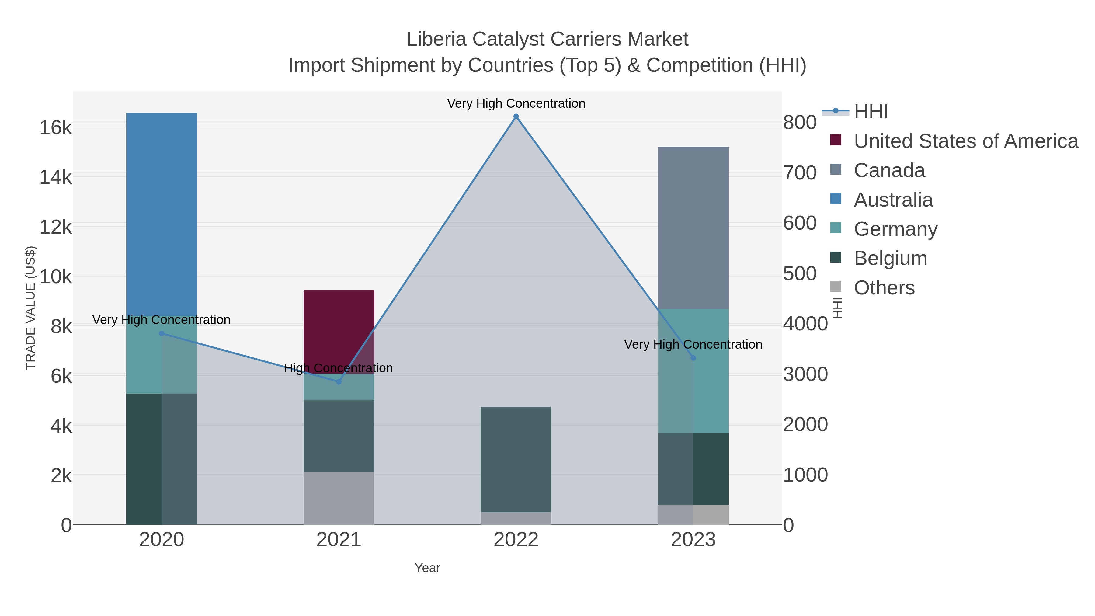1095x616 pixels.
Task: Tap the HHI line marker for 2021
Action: click(339, 382)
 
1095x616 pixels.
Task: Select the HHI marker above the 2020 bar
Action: click(162, 334)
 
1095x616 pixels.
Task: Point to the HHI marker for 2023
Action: click(693, 358)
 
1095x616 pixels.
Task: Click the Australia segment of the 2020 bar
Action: click(162, 213)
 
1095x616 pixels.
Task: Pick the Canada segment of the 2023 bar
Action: click(693, 228)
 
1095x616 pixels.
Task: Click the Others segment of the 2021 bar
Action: click(339, 498)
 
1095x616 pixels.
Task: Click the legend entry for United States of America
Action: click(966, 141)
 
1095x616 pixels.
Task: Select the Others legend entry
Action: click(884, 288)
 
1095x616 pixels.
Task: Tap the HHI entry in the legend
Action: click(871, 112)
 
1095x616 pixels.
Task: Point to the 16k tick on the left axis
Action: click(56, 127)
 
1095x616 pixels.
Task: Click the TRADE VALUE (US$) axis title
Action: click(31, 308)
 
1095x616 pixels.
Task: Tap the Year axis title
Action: click(427, 568)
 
